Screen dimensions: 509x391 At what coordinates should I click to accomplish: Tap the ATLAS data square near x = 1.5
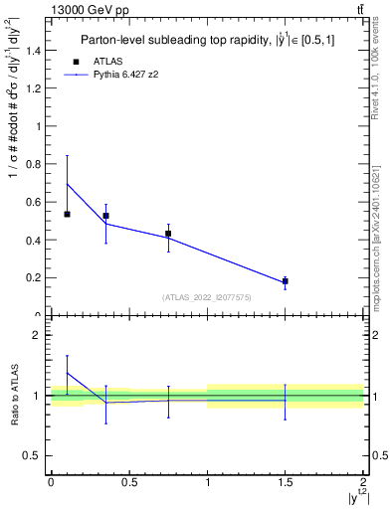click(x=286, y=281)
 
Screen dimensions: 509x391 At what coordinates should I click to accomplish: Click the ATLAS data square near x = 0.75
click(x=168, y=234)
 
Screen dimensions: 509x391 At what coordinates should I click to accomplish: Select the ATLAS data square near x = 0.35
click(x=105, y=216)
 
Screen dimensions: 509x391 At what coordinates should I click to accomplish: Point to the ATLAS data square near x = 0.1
click(x=67, y=214)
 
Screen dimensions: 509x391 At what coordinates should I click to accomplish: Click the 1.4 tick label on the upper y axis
click(x=33, y=50)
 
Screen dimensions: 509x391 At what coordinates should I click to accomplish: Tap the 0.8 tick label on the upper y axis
click(x=33, y=164)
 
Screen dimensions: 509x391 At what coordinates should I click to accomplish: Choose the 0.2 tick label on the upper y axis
click(x=33, y=277)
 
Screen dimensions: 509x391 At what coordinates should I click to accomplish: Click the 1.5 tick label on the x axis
click(x=286, y=481)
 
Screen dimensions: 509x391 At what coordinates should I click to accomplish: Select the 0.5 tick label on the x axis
click(x=128, y=481)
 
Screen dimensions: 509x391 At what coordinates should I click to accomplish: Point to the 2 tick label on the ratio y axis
click(x=36, y=336)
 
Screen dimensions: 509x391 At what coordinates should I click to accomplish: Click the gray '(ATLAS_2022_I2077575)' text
click(x=207, y=297)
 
